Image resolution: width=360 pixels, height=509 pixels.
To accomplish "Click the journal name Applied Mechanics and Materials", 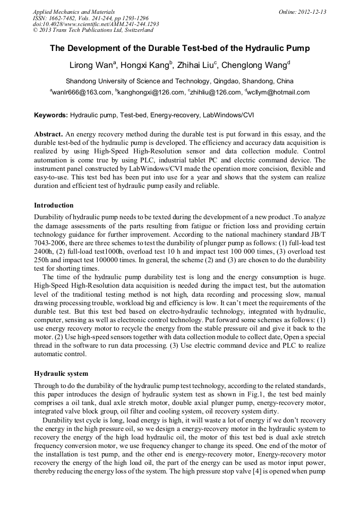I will pos(74,12).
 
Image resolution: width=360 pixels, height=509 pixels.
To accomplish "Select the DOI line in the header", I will pos(96,24).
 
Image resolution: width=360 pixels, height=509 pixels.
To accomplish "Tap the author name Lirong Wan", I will pos(92,66).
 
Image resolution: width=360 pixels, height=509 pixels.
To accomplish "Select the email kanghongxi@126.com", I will pos(150,92).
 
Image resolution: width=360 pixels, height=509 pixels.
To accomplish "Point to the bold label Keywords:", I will pos(51,115).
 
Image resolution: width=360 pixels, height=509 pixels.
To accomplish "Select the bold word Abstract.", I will pos(49,134).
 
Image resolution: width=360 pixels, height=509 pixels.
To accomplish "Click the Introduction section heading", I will pos(54,205).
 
